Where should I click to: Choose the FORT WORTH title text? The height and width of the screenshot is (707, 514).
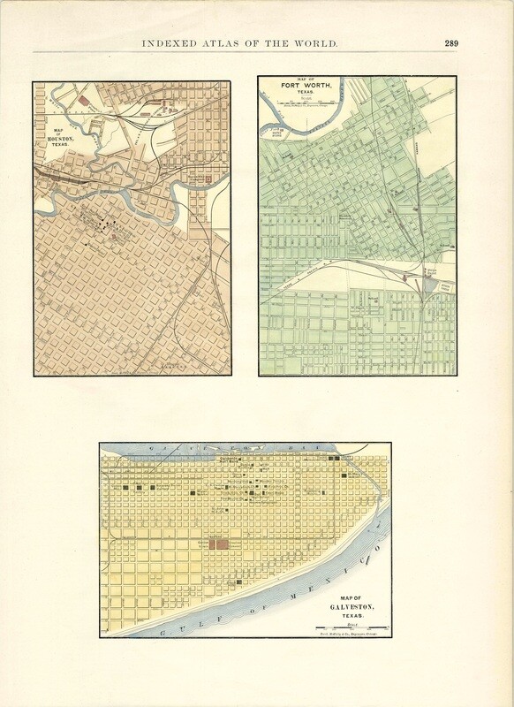point(306,89)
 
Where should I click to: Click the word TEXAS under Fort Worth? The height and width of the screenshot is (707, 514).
point(306,97)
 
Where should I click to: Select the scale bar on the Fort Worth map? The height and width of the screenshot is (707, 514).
point(305,107)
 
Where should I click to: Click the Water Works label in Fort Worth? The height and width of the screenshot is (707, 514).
point(280,136)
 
